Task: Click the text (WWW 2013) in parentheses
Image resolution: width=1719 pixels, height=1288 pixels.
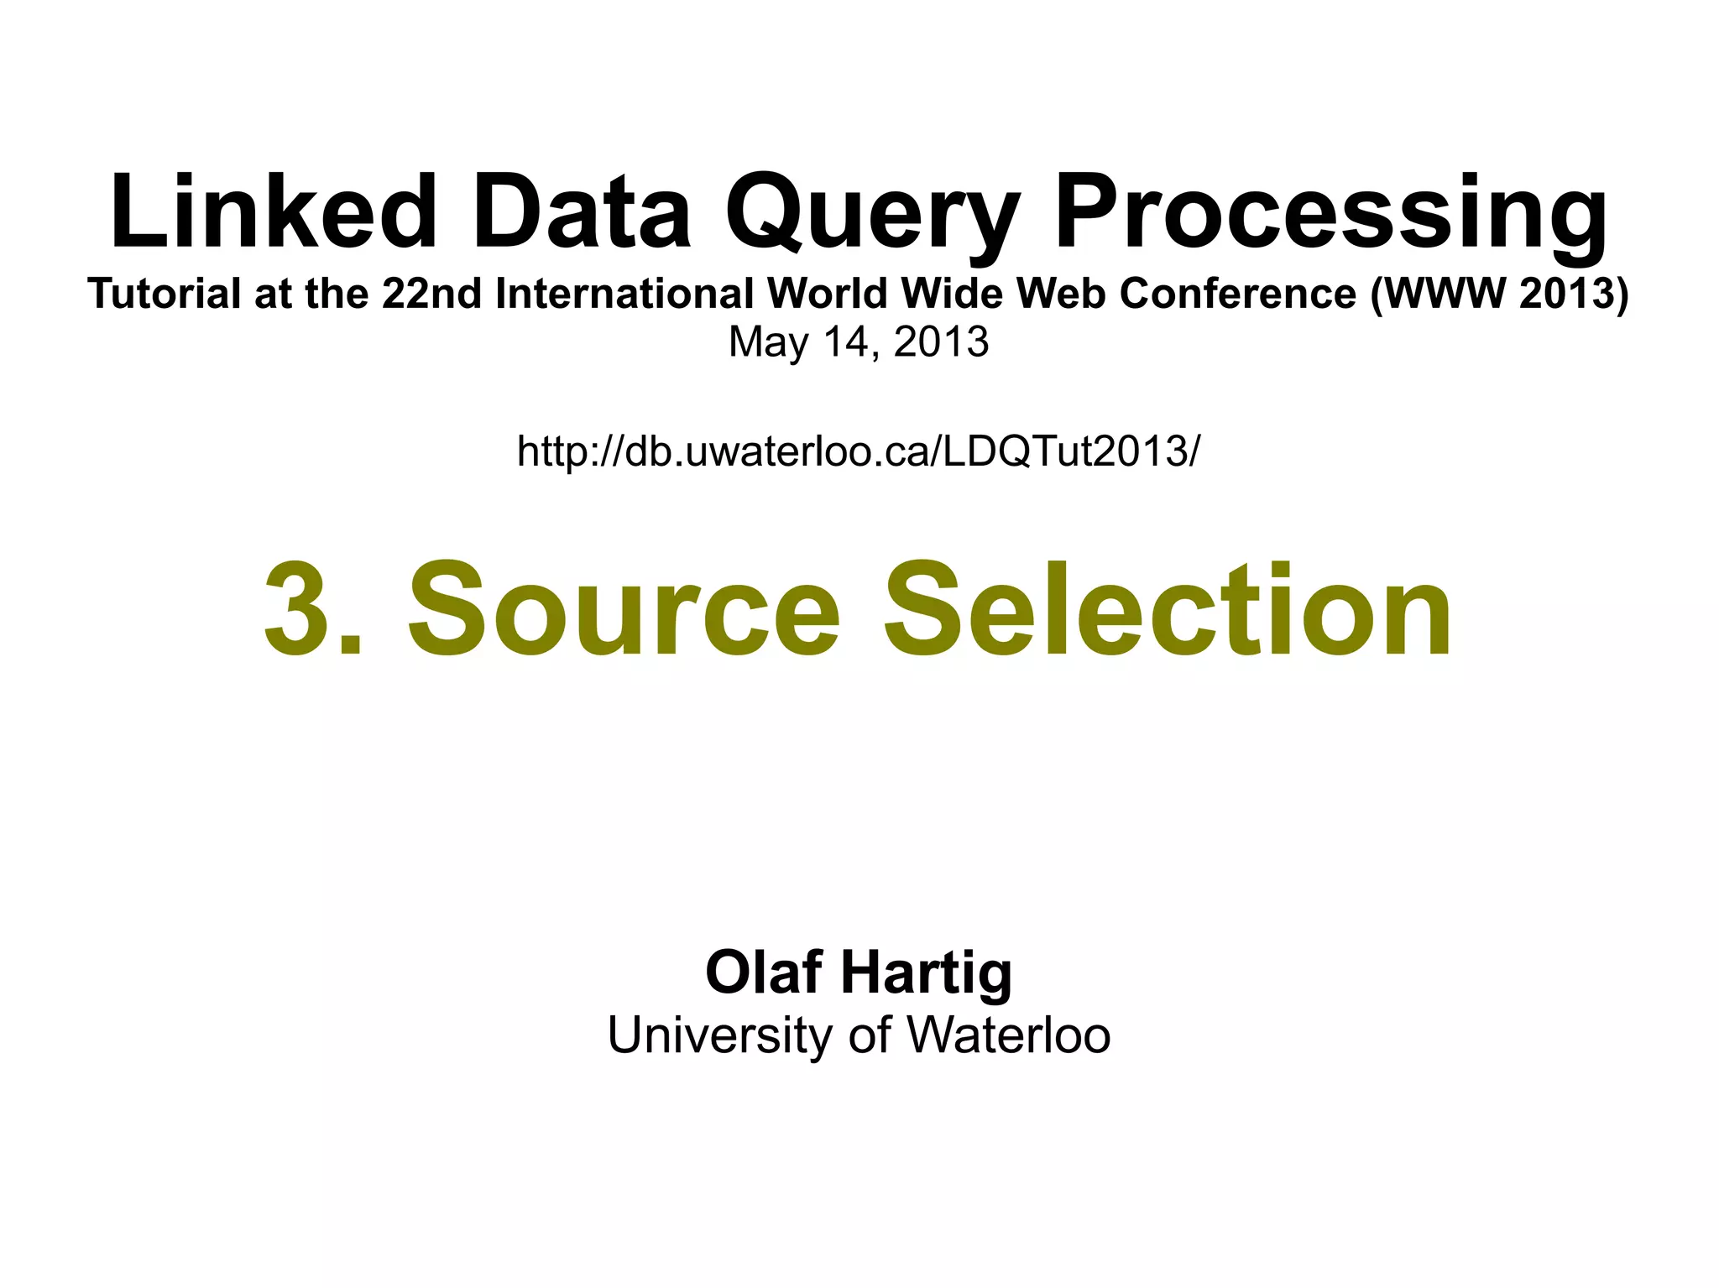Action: [x=1499, y=294]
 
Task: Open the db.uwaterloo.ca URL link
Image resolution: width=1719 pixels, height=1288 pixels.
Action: [x=859, y=451]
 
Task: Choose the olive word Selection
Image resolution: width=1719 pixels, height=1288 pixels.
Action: [x=1167, y=610]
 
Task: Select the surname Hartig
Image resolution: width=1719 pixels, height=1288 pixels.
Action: [x=927, y=973]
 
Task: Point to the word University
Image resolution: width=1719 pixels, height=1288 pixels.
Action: [x=719, y=1035]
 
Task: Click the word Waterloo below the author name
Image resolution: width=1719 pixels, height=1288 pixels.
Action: [x=1009, y=1035]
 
